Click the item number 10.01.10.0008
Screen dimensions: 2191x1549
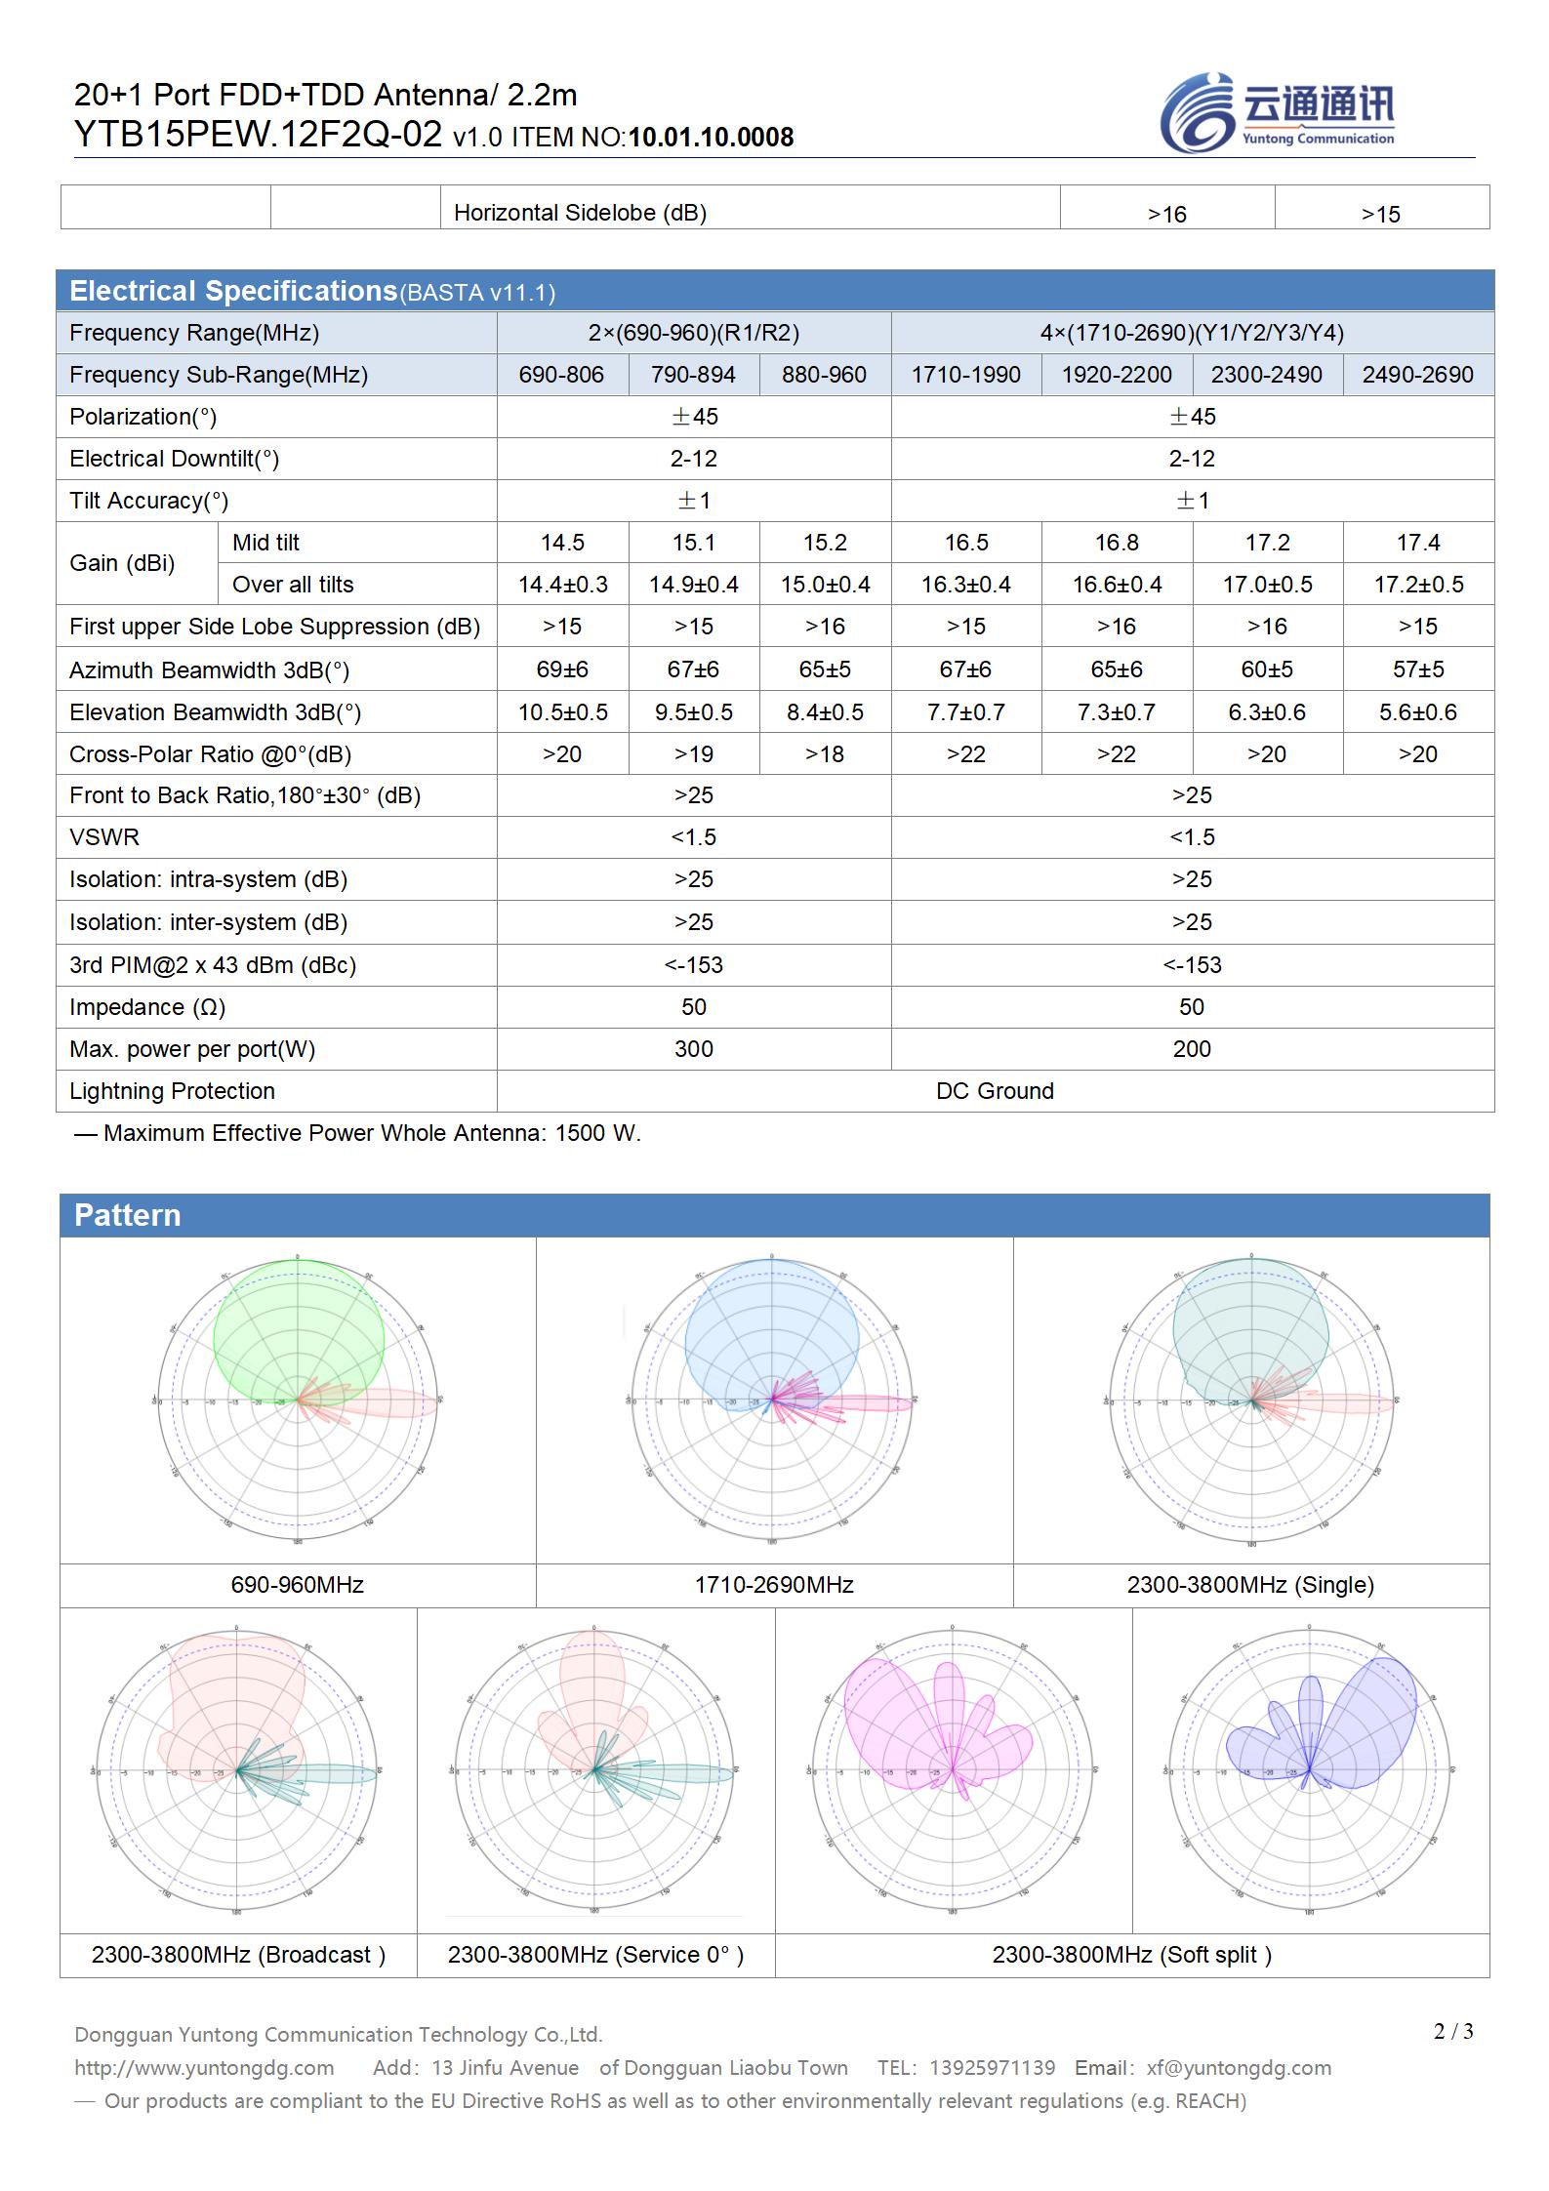[x=711, y=138]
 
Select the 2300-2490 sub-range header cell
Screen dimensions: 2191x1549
[x=1266, y=375]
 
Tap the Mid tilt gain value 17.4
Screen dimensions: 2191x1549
[x=1417, y=543]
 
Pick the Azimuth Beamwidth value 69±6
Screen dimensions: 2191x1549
[x=562, y=669]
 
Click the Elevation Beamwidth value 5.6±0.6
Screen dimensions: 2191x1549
[x=1417, y=712]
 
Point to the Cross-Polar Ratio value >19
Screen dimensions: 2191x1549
[x=693, y=754]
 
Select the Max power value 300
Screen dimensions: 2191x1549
[x=693, y=1049]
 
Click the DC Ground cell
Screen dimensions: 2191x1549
[x=995, y=1091]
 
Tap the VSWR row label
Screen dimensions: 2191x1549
[x=104, y=837]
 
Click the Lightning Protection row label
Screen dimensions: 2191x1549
[x=172, y=1091]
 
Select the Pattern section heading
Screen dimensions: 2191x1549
[x=128, y=1215]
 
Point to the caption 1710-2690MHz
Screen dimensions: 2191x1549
[x=774, y=1584]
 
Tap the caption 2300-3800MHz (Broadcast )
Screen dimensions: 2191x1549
[x=238, y=1954]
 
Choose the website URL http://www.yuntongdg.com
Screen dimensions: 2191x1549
[x=204, y=2067]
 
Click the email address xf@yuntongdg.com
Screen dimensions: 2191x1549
[x=1239, y=2067]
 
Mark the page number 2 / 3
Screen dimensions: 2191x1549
[x=1453, y=2031]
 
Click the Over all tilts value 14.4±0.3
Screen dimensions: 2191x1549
[x=562, y=585]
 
